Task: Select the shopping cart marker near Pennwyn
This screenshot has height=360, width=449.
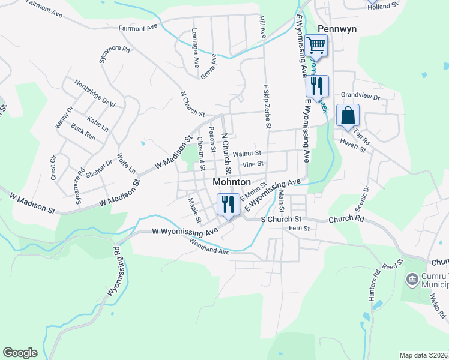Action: (x=316, y=45)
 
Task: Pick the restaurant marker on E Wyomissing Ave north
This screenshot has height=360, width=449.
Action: (x=316, y=86)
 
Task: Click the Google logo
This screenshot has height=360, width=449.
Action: (x=20, y=353)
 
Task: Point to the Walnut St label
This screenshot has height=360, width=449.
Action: (x=247, y=154)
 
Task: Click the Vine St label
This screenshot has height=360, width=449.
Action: (x=253, y=163)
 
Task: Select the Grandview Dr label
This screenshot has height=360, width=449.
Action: (x=361, y=96)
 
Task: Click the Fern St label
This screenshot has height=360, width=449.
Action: (x=298, y=229)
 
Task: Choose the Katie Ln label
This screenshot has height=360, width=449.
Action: (x=98, y=124)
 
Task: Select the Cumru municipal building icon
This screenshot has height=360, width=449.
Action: (x=412, y=279)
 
